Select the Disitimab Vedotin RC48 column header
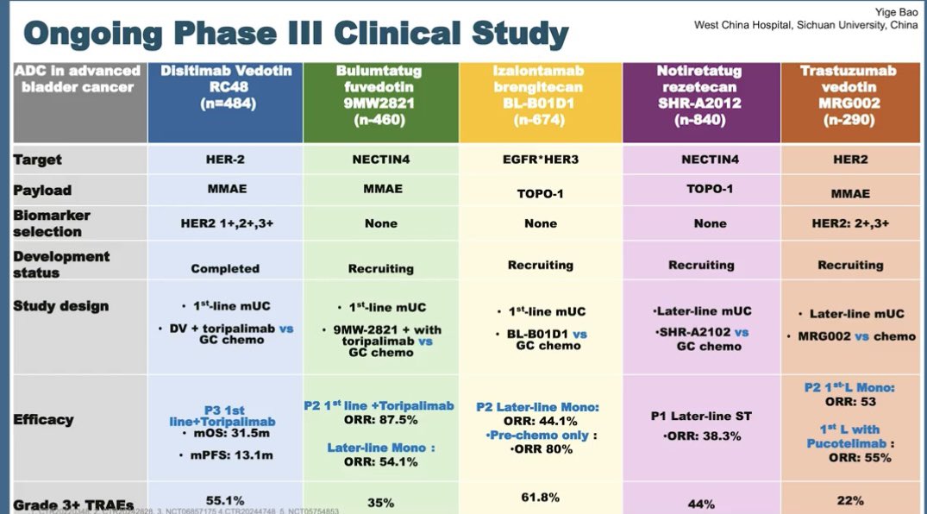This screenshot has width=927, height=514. [x=225, y=96]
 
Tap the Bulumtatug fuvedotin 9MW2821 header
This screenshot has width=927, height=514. [x=383, y=96]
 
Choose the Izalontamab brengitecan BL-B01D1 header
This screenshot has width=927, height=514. [x=540, y=96]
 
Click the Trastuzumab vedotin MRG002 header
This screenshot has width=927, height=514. [x=849, y=96]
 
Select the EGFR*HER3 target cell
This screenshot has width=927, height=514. [x=540, y=160]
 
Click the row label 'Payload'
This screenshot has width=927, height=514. [x=42, y=190]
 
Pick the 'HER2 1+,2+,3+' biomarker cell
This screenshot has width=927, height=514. [x=225, y=223]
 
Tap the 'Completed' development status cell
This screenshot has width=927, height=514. [x=225, y=268]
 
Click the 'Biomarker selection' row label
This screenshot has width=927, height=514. [x=52, y=223]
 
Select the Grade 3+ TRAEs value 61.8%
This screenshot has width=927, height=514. [x=540, y=497]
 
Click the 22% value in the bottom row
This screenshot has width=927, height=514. [x=850, y=500]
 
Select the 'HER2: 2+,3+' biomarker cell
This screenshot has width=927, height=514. [x=850, y=223]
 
